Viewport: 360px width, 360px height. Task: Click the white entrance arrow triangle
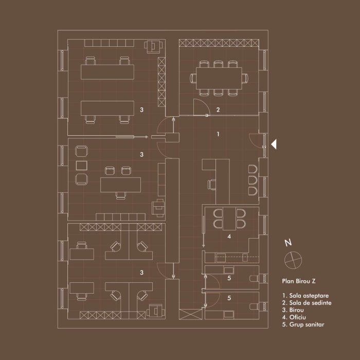tap(274, 145)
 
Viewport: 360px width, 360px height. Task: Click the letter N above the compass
tap(288, 243)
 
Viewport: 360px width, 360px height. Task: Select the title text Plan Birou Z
tap(299, 281)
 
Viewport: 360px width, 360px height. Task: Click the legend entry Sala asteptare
tap(309, 296)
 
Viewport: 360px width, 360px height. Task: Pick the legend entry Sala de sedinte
tap(310, 303)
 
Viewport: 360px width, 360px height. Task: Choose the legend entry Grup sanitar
tap(307, 325)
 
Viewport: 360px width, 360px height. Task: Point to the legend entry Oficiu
tap(298, 317)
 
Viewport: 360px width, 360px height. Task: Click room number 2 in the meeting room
tap(218, 110)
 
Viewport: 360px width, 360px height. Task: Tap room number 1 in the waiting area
tap(218, 134)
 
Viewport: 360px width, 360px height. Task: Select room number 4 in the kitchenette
tap(229, 236)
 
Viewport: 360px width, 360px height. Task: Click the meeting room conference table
tap(219, 78)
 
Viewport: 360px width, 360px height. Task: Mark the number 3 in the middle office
tap(141, 154)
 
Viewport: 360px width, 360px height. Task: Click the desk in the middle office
tap(120, 185)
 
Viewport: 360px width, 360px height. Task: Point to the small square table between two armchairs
tap(81, 166)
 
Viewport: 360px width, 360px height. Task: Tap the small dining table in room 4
tap(229, 219)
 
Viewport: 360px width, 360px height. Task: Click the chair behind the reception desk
tap(212, 185)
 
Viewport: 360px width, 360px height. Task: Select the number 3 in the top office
tap(141, 110)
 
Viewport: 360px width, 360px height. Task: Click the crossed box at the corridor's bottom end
tap(191, 314)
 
